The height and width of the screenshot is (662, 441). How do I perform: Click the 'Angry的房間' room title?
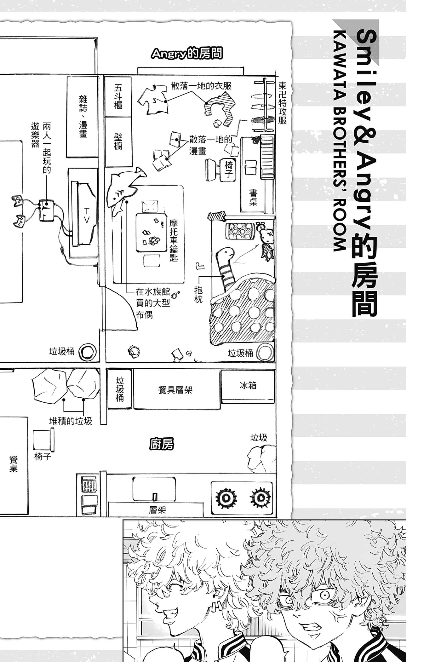187,54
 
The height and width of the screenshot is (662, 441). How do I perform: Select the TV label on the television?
87,216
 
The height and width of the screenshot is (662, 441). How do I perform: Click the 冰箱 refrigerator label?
248,385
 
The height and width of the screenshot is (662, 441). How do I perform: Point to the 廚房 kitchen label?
162,444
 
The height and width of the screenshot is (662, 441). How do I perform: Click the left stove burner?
226,498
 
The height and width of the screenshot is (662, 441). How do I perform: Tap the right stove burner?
260,498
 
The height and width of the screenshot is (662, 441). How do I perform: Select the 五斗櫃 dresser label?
118,96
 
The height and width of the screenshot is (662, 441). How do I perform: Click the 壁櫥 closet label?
118,141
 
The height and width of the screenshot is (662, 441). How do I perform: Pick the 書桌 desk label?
253,198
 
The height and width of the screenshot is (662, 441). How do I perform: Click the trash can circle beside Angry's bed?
265,353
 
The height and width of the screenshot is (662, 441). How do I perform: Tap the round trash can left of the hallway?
87,352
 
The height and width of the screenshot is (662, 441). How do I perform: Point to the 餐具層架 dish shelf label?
175,390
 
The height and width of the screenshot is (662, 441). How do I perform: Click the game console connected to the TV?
47,210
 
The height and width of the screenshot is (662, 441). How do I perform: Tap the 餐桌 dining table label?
13,464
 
